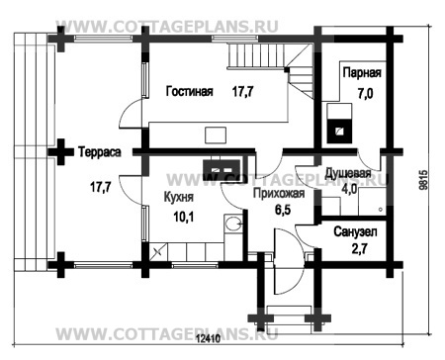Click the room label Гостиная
tap(189, 91)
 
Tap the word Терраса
tap(100, 152)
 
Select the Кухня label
tap(179, 197)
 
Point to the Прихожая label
tap(279, 194)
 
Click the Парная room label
tap(362, 73)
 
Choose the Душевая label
tap(348, 173)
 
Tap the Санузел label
tap(355, 232)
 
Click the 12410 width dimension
tap(208, 338)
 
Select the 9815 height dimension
tap(423, 180)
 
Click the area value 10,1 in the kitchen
tap(184, 217)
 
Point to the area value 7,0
tap(365, 94)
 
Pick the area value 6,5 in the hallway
tap(283, 210)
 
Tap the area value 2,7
tap(359, 249)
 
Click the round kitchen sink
tap(232, 224)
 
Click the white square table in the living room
tap(216, 135)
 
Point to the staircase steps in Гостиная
tap(270, 67)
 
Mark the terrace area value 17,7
tap(101, 187)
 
